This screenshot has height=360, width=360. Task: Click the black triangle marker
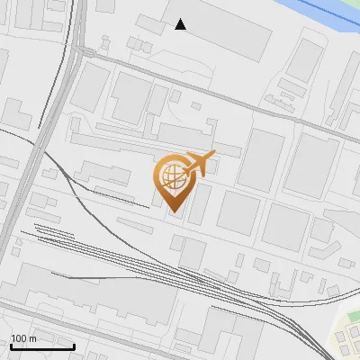click(181, 24)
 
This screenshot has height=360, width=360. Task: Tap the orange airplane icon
click(200, 164)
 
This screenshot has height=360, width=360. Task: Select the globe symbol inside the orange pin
click(172, 176)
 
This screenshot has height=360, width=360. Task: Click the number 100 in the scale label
click(19, 338)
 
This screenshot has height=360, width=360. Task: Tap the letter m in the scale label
click(32, 338)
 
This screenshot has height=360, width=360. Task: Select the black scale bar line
click(42, 346)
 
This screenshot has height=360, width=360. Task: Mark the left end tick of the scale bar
click(10, 345)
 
